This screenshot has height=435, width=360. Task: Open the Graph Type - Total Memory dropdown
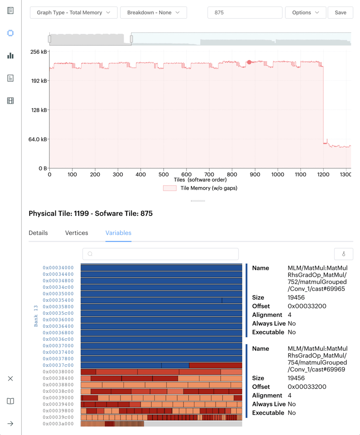[73, 13]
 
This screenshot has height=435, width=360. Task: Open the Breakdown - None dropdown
[153, 13]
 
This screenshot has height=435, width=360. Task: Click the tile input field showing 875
[245, 13]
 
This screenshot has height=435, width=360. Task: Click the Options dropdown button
[305, 13]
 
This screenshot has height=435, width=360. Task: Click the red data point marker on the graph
[249, 62]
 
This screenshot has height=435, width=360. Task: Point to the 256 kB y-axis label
[38, 52]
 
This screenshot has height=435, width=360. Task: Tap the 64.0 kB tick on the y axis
[38, 139]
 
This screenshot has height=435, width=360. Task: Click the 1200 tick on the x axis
[323, 174]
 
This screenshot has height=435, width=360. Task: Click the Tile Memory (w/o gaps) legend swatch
[170, 188]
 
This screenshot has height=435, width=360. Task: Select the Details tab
[38, 233]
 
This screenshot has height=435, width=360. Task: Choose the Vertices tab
[77, 233]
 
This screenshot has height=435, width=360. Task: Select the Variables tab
[118, 233]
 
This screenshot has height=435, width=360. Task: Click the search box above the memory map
[160, 254]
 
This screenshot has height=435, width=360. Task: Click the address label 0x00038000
[58, 372]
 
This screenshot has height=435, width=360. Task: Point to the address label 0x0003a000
[58, 424]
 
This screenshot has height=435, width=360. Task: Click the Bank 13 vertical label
[36, 316]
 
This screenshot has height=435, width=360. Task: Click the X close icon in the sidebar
[10, 378]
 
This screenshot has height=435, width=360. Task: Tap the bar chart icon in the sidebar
[10, 56]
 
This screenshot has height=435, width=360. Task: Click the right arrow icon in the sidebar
[10, 424]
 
